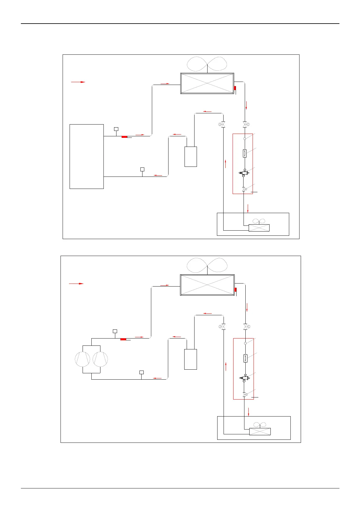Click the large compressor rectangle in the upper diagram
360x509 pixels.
pos(87,156)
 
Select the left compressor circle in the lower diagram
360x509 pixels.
pos(83,359)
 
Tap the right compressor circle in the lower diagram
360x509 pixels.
pos(100,359)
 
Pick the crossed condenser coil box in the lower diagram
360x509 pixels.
pos(207,285)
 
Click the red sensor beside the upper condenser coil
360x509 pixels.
pos(235,88)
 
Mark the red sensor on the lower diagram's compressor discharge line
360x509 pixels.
pos(123,339)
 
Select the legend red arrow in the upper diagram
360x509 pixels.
pos(78,82)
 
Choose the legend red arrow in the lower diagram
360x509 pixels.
pos(76,284)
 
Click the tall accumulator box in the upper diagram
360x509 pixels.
pos(191,157)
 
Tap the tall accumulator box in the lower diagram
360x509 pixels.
pos(191,359)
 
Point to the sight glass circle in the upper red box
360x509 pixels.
pos(245,138)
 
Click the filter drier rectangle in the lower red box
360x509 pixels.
pos(245,358)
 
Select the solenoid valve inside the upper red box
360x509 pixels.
pos(244,173)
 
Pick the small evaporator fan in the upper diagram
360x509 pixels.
pos(259,222)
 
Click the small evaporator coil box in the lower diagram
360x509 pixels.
pos(260,432)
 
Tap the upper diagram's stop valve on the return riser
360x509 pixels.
pos(223,125)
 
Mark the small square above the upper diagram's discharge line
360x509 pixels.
pos(116,129)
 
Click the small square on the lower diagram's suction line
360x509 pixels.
pos(141,372)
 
